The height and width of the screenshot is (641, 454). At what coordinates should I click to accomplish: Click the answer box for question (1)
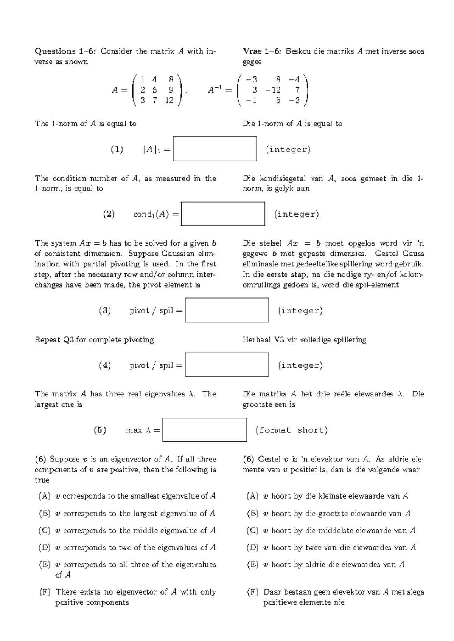(x=215, y=149)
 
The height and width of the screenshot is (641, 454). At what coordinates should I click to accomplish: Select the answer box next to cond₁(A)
(x=223, y=214)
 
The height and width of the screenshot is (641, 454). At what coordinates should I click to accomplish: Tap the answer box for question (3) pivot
(x=227, y=310)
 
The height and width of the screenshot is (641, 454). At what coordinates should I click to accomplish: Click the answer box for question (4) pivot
(x=227, y=365)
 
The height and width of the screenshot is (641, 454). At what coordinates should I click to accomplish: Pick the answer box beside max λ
(x=205, y=430)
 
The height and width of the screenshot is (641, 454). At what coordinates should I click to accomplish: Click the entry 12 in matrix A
(x=169, y=101)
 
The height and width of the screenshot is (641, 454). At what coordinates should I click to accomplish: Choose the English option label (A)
(x=44, y=496)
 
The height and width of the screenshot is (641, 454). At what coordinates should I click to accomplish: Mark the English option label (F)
(x=44, y=592)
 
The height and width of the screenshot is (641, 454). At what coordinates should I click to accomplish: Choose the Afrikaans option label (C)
(x=252, y=531)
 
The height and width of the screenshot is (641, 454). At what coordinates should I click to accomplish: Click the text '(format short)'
(x=291, y=430)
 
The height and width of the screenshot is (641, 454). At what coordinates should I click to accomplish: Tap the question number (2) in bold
(x=109, y=214)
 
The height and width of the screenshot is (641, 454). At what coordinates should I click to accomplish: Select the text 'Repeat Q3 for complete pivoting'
(x=94, y=340)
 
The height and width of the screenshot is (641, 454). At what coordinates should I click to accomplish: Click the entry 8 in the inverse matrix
(x=278, y=79)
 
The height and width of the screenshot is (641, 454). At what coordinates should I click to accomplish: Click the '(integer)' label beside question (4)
(x=300, y=365)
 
